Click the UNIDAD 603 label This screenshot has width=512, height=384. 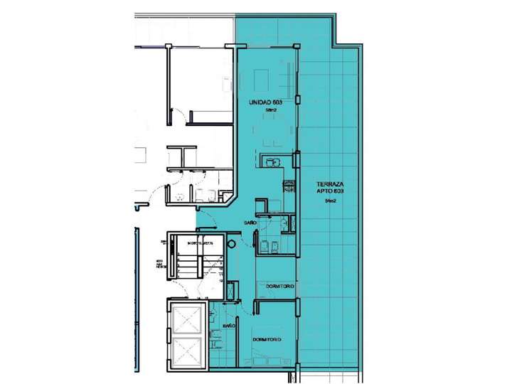pos(266,103)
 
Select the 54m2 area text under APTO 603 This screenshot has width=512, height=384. pos(330,202)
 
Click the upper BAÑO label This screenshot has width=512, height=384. pos(250,223)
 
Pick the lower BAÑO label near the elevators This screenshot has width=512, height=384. pos(229,325)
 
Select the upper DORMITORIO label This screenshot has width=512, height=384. pos(280,285)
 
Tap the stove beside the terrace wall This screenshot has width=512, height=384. pos(289,187)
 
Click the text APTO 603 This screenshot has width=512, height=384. pos(330,192)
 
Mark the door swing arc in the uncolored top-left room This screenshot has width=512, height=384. pos(181,114)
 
